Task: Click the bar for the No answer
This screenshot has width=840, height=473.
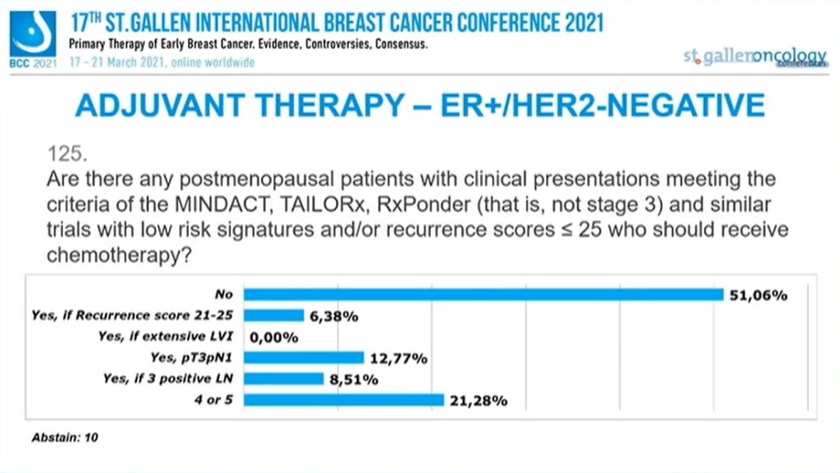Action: (484, 294)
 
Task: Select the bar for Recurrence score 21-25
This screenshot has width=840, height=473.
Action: (274, 315)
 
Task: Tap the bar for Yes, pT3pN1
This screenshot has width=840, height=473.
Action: (304, 358)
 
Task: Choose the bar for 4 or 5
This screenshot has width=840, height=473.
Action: (345, 400)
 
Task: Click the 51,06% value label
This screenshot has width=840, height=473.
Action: (758, 295)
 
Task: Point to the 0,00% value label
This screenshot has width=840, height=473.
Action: (275, 337)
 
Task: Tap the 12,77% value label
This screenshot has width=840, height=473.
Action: (398, 359)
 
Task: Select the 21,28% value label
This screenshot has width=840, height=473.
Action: (478, 401)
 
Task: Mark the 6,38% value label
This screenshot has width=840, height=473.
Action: (333, 316)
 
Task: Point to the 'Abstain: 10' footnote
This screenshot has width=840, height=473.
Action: (65, 437)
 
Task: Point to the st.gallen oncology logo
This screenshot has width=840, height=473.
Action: (754, 56)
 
